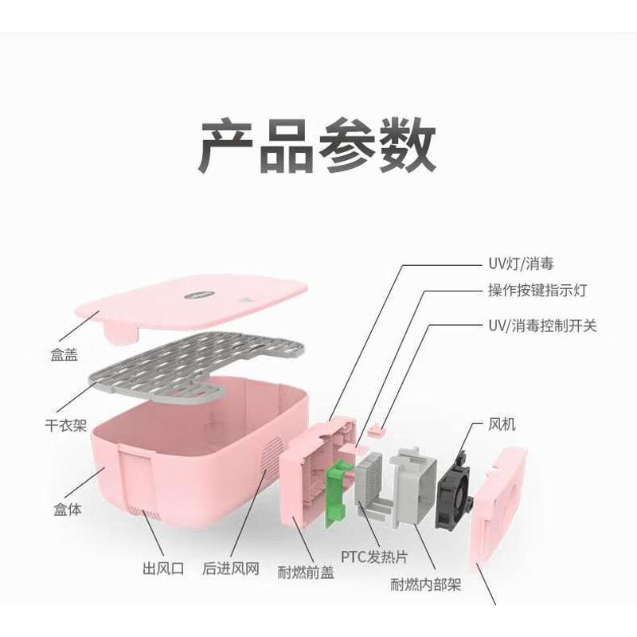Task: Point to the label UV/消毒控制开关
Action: point(541,326)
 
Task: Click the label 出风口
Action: point(162,569)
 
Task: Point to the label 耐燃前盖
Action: point(306,572)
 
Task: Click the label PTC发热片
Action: point(375,556)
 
